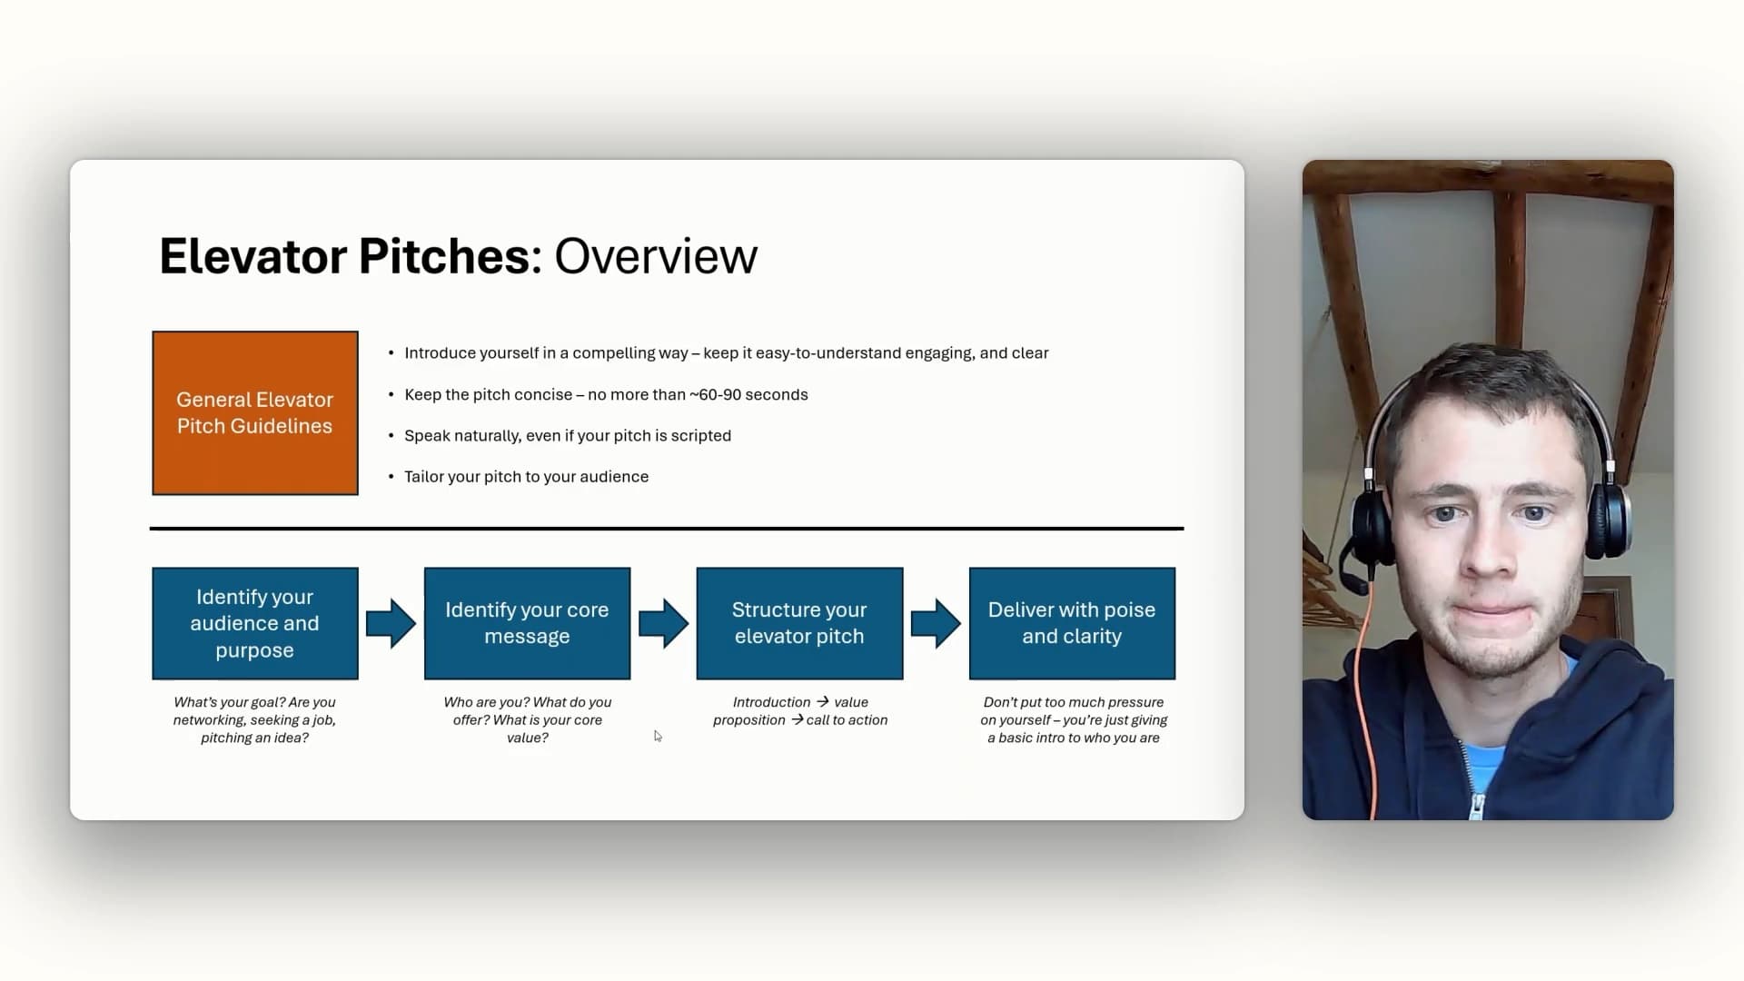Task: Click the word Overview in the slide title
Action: tap(656, 256)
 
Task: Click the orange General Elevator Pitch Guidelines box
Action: tap(255, 413)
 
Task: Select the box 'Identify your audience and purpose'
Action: tap(255, 623)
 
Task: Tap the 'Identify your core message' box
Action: tap(527, 623)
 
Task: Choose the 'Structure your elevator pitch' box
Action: tap(799, 623)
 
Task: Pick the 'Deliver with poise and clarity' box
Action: tap(1072, 623)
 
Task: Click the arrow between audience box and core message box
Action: tap(391, 623)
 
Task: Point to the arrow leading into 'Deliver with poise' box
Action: tap(936, 623)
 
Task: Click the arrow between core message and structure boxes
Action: tap(663, 623)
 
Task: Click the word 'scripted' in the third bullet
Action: tap(700, 436)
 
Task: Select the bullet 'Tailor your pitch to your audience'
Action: tap(526, 477)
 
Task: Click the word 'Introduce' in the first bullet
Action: tap(440, 353)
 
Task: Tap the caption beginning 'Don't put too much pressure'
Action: tap(1074, 720)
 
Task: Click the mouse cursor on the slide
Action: tap(658, 736)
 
